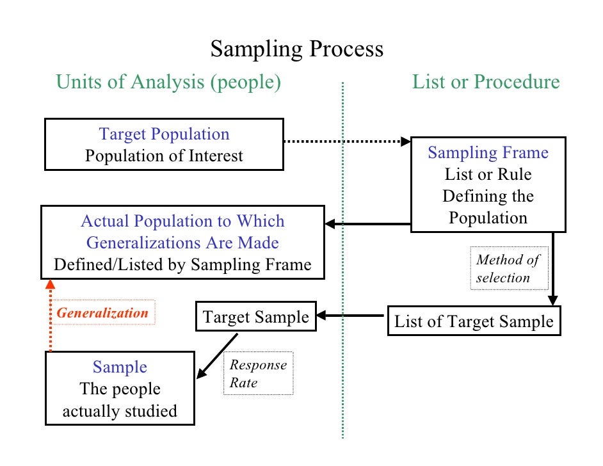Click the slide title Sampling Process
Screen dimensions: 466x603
point(297,49)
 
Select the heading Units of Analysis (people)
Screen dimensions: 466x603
point(168,82)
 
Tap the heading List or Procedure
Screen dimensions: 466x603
point(485,82)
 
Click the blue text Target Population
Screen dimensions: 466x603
point(164,134)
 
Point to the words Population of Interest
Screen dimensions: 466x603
point(164,156)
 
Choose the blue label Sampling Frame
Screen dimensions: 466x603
point(488,152)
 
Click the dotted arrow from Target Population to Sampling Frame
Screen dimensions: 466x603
point(346,141)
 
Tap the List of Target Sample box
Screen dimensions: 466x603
point(474,321)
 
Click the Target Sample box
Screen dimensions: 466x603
point(255,317)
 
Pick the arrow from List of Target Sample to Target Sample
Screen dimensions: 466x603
point(352,315)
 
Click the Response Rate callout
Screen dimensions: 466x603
point(258,374)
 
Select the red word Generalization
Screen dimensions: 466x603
point(102,313)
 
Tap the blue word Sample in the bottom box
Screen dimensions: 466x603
point(120,367)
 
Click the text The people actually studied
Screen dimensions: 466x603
point(120,400)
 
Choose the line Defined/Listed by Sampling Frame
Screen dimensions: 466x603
point(182,264)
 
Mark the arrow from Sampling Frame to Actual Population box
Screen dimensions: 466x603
point(367,224)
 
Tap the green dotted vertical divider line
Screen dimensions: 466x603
point(342,256)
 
